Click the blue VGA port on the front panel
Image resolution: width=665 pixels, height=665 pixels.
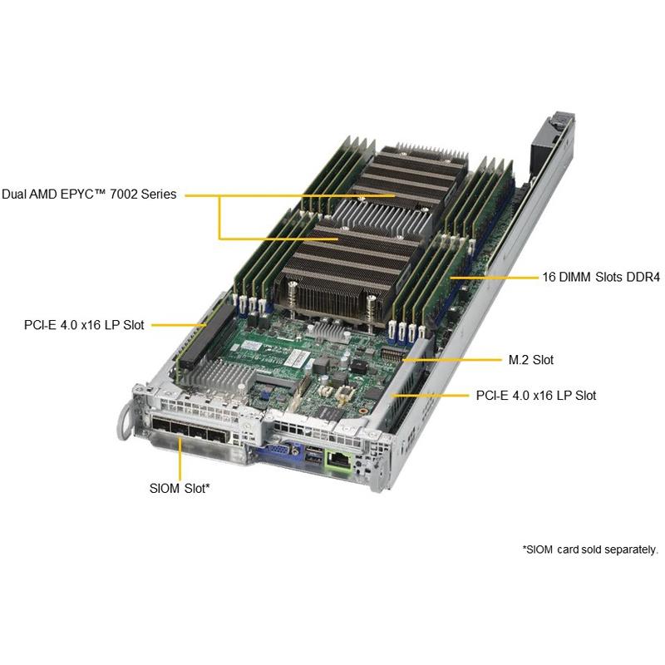[x=281, y=452]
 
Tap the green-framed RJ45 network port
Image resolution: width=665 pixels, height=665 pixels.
[x=338, y=460]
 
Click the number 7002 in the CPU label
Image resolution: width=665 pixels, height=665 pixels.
[x=123, y=195]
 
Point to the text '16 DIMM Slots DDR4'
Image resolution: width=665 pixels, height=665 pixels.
[x=601, y=278]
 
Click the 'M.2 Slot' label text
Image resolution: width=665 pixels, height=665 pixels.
[x=531, y=360]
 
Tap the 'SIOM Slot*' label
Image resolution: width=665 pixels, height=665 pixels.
[x=180, y=488]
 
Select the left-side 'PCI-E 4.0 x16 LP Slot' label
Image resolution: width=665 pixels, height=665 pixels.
[x=84, y=325]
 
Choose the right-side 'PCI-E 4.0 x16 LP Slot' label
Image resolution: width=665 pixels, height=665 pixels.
[x=536, y=396]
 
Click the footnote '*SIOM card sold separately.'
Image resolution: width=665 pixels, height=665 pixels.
[x=590, y=549]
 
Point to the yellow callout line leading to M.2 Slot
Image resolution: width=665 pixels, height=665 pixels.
[x=451, y=360]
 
